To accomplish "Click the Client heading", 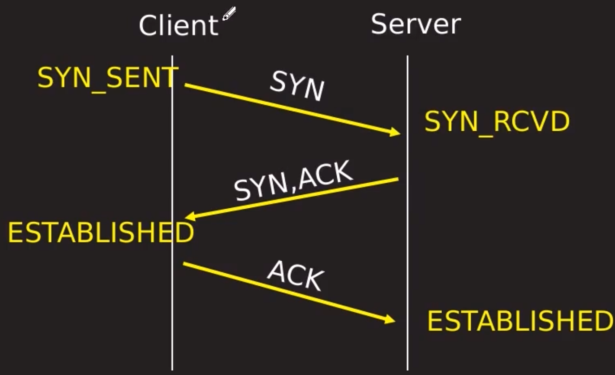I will (x=178, y=26).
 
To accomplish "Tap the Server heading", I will (x=415, y=24).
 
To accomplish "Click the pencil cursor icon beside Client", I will (x=229, y=13).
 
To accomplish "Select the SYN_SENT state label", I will (x=107, y=78).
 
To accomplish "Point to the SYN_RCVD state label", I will (x=497, y=122).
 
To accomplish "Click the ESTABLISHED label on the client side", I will (x=100, y=233).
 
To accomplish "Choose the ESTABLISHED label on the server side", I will (x=520, y=321).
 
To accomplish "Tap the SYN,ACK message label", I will (x=293, y=181).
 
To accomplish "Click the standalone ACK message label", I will (x=296, y=276).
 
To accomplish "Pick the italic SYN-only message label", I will (x=297, y=86).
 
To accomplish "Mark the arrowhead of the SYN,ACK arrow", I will (x=189, y=216).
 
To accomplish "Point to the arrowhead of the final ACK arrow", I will (x=390, y=320).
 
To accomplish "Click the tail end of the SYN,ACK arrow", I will (x=397, y=178).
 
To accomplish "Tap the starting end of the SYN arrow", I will (x=186, y=85).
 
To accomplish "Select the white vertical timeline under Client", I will (x=173, y=303).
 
